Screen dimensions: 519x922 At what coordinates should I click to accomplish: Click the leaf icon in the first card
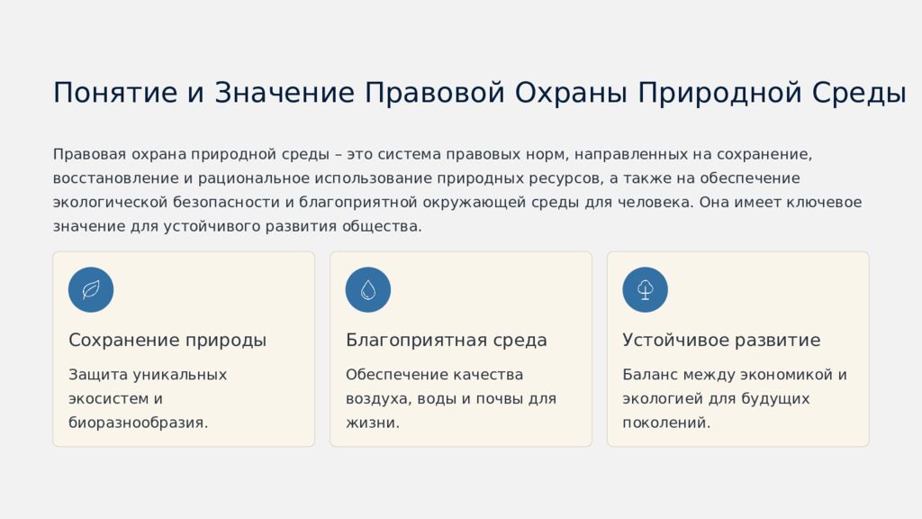click(x=91, y=290)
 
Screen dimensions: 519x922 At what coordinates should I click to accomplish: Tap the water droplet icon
click(x=368, y=290)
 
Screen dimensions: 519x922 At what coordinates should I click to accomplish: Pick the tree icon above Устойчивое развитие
click(x=645, y=290)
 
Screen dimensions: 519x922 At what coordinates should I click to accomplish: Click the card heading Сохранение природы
click(x=167, y=341)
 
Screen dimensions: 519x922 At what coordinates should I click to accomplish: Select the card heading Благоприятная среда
click(x=447, y=341)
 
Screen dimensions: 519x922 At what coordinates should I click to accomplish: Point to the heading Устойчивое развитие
click(x=721, y=341)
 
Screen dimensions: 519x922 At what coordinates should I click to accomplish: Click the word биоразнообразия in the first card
click(x=138, y=422)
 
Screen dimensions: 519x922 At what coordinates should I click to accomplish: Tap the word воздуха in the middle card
click(x=375, y=398)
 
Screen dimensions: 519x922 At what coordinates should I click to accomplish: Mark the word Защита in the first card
click(x=97, y=375)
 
